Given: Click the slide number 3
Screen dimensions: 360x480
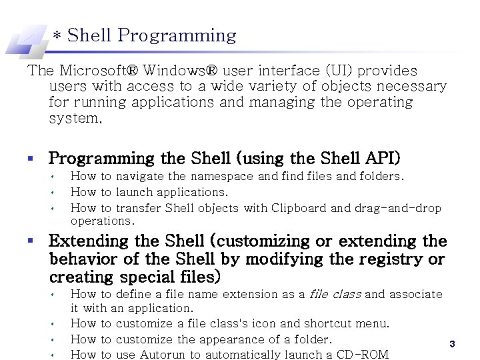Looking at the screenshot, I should pyautogui.click(x=452, y=344).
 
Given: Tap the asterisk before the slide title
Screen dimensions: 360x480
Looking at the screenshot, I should pyautogui.click(x=58, y=36).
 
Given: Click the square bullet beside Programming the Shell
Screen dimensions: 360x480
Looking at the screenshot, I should pyautogui.click(x=31, y=159).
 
